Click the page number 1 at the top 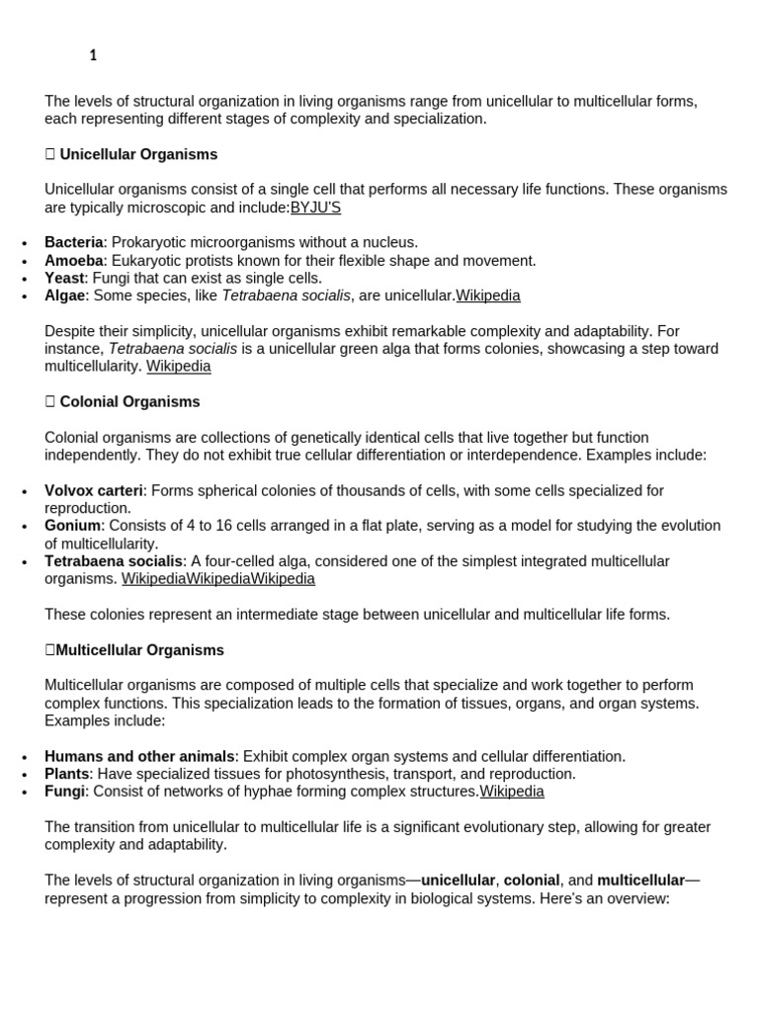pyautogui.click(x=93, y=56)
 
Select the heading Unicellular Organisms pyautogui.click(x=138, y=155)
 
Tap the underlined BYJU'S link pyautogui.click(x=315, y=208)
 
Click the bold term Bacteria pyautogui.click(x=73, y=242)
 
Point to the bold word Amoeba pyautogui.click(x=73, y=261)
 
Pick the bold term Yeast pyautogui.click(x=64, y=279)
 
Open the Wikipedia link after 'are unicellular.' pyautogui.click(x=487, y=295)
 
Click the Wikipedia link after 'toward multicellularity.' pyautogui.click(x=179, y=367)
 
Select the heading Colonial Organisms pyautogui.click(x=129, y=402)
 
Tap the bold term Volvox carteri pyautogui.click(x=94, y=490)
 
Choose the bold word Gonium pyautogui.click(x=72, y=526)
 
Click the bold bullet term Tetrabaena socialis pyautogui.click(x=114, y=561)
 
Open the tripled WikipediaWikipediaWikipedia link pyautogui.click(x=218, y=579)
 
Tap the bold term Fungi pyautogui.click(x=64, y=792)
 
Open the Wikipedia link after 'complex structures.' pyautogui.click(x=512, y=792)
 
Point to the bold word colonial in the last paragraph pyautogui.click(x=532, y=880)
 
